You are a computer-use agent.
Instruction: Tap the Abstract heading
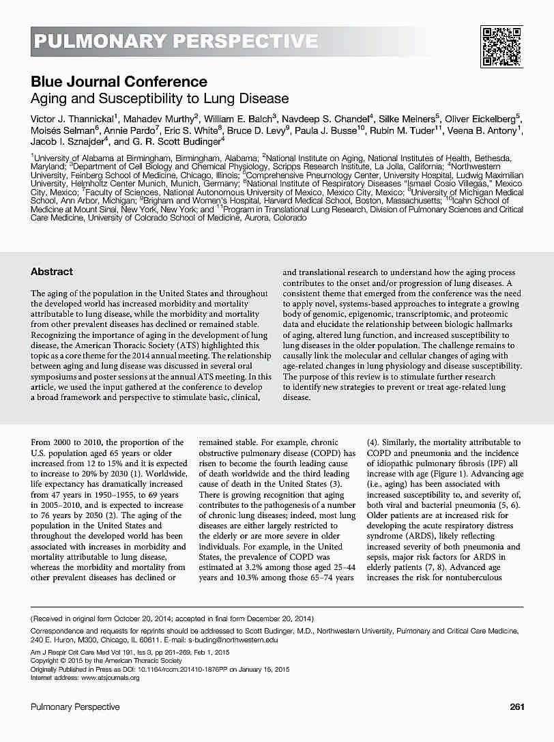pyautogui.click(x=51, y=272)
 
